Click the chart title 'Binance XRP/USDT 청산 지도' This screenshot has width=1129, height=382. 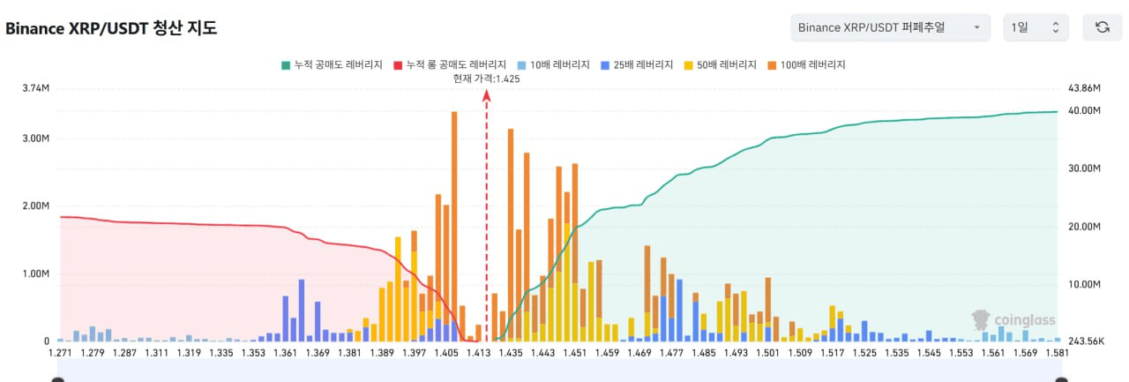coord(111,28)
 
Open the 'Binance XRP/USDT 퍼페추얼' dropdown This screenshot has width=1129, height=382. coord(890,27)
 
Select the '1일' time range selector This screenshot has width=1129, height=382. coord(1036,27)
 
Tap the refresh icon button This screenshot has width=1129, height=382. coord(1102,27)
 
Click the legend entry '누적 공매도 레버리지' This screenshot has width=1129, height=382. coord(331,65)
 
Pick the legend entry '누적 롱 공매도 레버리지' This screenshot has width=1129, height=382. coord(450,65)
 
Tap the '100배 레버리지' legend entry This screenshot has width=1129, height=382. coord(806,65)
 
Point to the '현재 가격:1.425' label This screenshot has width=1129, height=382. coord(486,79)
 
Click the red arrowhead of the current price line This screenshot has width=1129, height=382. coord(486,96)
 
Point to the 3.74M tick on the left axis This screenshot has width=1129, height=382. coord(36,88)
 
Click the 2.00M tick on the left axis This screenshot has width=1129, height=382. coord(36,206)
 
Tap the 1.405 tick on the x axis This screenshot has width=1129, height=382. coord(445,353)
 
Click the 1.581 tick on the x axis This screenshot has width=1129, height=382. coord(1057,353)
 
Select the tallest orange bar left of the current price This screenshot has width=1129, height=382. coord(454,221)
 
